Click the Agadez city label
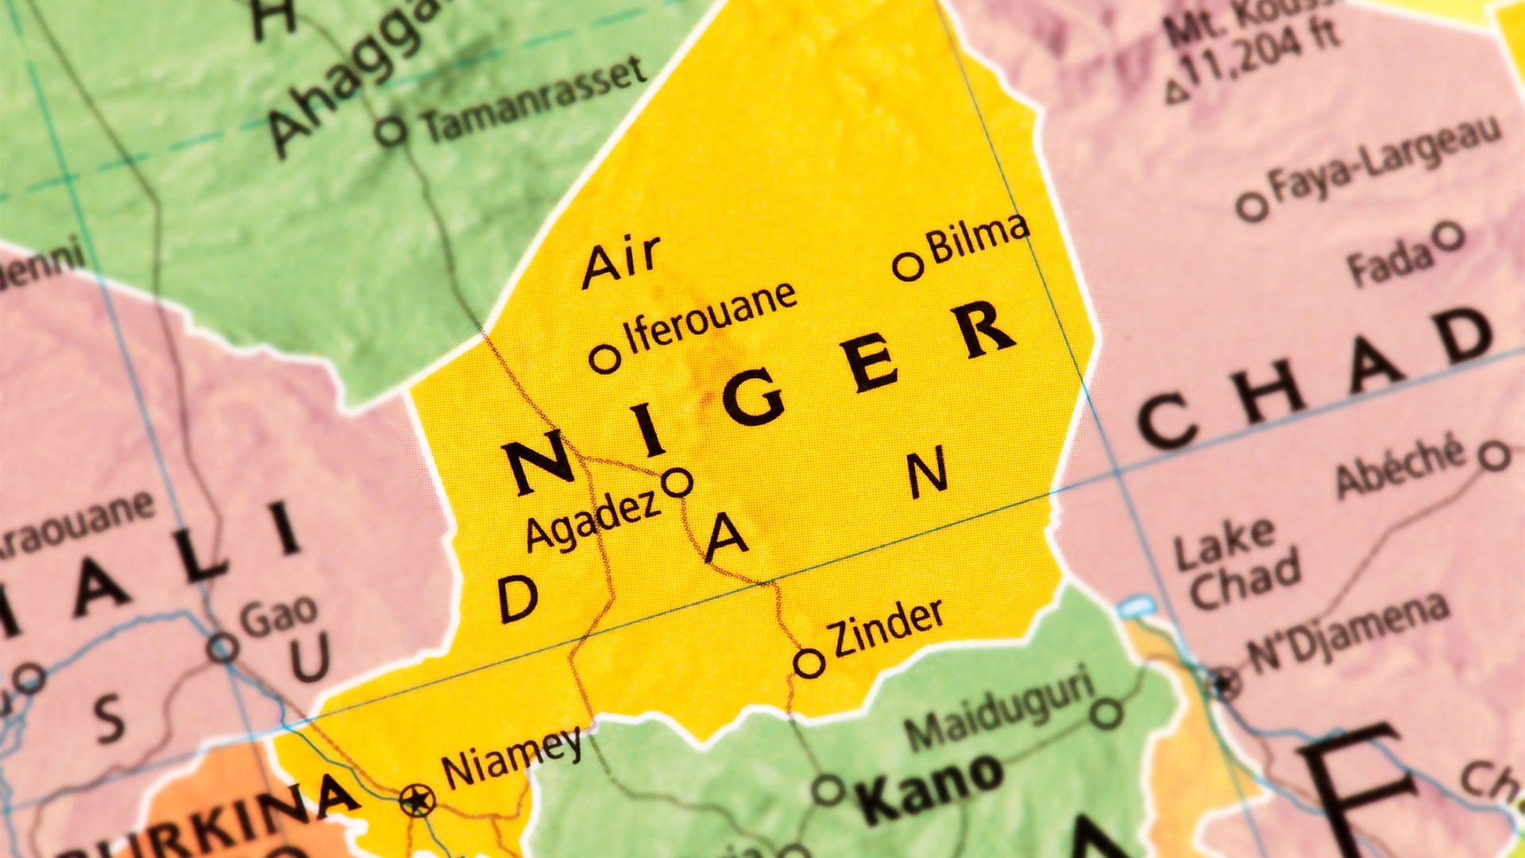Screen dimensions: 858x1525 593,521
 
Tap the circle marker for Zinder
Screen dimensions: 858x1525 809,663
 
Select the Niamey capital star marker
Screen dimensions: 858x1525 417,799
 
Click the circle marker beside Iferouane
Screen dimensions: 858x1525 605,358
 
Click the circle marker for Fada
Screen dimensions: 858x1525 1449,236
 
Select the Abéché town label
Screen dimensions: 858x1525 1400,466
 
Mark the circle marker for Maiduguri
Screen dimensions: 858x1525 1106,713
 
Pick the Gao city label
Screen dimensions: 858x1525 279,616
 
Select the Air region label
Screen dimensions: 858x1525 621,261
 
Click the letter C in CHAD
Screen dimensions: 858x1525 1166,421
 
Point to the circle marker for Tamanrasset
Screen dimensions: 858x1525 391,130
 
